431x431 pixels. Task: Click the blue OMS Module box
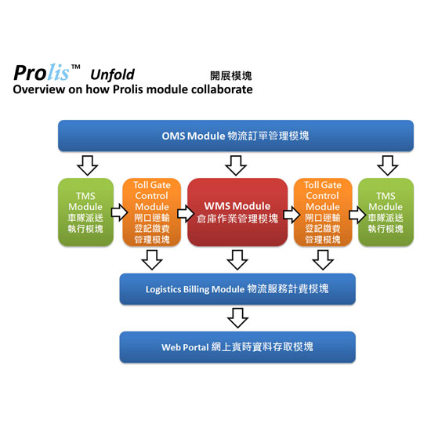[x=236, y=136]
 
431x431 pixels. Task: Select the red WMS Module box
[x=237, y=212]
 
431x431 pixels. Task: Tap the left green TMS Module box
[x=85, y=212]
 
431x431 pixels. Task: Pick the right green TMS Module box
[x=386, y=212]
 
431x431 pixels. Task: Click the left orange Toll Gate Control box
[x=152, y=212]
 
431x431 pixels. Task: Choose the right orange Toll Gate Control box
[x=323, y=212]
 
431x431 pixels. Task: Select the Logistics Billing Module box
[x=237, y=289]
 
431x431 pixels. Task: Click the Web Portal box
[x=237, y=347]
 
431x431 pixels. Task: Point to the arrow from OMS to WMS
[x=236, y=166]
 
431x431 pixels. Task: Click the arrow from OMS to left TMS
[x=88, y=166]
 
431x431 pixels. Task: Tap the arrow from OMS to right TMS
[x=388, y=166]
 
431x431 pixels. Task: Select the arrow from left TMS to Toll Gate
[x=119, y=212]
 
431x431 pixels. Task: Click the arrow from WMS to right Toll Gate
[x=292, y=215]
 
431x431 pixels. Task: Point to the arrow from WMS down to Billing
[x=237, y=260]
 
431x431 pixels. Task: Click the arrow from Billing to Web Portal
[x=237, y=318]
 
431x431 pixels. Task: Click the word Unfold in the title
[x=112, y=74]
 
